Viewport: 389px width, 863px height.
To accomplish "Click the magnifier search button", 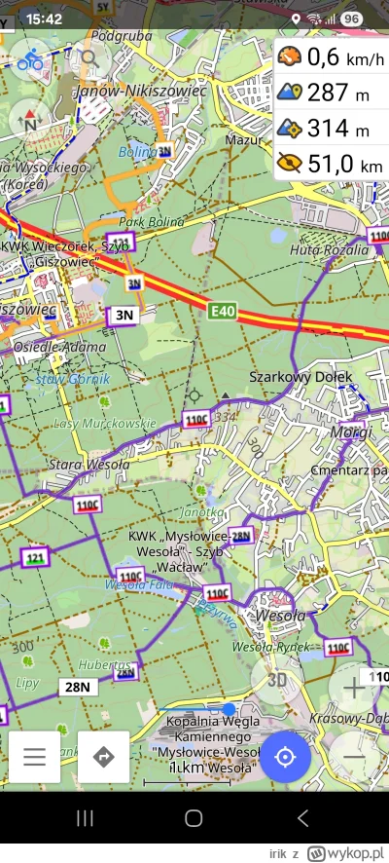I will coord(89,58).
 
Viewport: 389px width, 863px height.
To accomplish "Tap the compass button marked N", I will coord(30,120).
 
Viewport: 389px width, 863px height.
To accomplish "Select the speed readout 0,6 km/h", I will coord(331,57).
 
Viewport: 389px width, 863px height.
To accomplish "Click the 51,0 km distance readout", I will coord(331,164).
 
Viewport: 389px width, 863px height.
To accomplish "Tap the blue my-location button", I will coord(285,757).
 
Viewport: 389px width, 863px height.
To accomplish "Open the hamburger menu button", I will coord(34,757).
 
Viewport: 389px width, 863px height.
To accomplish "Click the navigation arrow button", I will coord(104,757).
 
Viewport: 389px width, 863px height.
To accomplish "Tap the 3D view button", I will coord(277,679).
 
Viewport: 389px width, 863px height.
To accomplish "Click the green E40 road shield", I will coord(223,311).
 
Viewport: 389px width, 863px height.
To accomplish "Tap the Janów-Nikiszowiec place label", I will coord(141,91).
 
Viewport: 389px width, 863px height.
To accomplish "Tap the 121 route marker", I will coord(37,557).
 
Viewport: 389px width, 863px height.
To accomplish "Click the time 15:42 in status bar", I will coord(45,19).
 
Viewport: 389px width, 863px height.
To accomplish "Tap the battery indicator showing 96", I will coord(351,19).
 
